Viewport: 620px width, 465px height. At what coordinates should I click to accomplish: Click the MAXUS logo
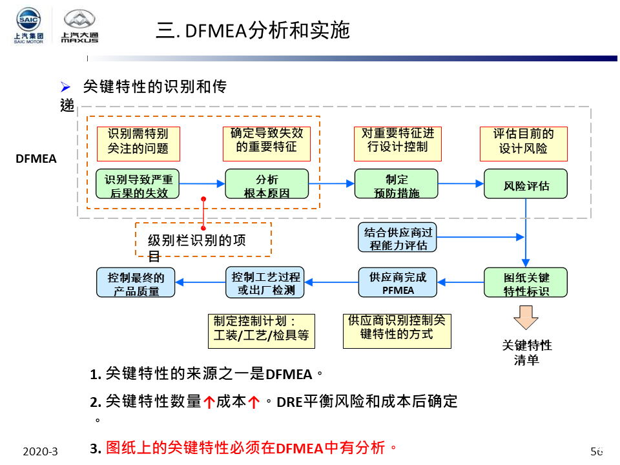pyautogui.click(x=79, y=27)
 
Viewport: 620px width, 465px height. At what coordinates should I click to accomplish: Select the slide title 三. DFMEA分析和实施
pyautogui.click(x=253, y=30)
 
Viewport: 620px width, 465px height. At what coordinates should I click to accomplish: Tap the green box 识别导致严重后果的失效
pyautogui.click(x=138, y=184)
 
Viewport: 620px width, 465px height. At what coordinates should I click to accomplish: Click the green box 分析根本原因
pyautogui.click(x=267, y=184)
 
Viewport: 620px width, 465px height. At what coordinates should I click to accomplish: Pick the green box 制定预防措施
pyautogui.click(x=396, y=184)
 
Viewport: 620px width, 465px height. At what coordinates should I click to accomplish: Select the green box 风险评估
pyautogui.click(x=526, y=184)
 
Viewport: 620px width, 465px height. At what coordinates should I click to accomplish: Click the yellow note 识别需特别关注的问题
pyautogui.click(x=138, y=143)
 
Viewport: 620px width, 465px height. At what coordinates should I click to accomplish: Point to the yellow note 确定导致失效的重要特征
pyautogui.click(x=267, y=140)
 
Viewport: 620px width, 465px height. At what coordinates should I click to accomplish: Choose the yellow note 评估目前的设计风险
pyautogui.click(x=523, y=143)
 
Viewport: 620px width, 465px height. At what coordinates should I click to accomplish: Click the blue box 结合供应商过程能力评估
pyautogui.click(x=397, y=238)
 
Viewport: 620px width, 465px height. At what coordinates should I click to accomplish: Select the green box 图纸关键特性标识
pyautogui.click(x=526, y=283)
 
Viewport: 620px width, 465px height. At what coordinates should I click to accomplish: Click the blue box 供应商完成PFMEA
pyautogui.click(x=397, y=283)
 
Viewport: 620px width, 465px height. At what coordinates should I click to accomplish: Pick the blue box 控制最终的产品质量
pyautogui.click(x=136, y=283)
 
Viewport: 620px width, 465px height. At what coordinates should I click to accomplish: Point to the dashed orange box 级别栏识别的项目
pyautogui.click(x=203, y=240)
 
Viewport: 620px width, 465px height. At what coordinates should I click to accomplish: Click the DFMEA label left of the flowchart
pyautogui.click(x=36, y=158)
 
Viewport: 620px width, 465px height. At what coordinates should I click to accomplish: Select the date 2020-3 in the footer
pyautogui.click(x=40, y=451)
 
